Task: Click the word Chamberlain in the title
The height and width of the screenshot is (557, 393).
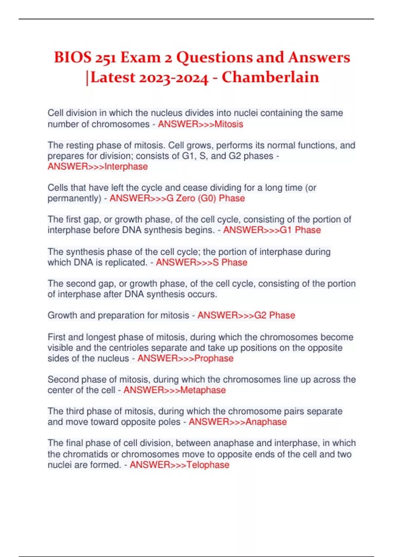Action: point(270,77)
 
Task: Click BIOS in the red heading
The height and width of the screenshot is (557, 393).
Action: point(73,58)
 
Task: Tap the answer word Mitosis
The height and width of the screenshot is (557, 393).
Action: point(229,124)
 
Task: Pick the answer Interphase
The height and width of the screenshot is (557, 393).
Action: point(126,166)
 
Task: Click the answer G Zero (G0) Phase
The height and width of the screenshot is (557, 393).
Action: point(206,198)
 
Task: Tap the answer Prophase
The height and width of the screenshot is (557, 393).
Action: point(214,358)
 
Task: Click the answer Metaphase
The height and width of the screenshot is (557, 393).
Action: point(203,390)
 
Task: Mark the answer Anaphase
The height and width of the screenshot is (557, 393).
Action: point(266,422)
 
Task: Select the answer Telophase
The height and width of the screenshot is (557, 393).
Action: point(208,465)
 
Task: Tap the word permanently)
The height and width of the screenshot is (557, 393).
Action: point(74,199)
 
